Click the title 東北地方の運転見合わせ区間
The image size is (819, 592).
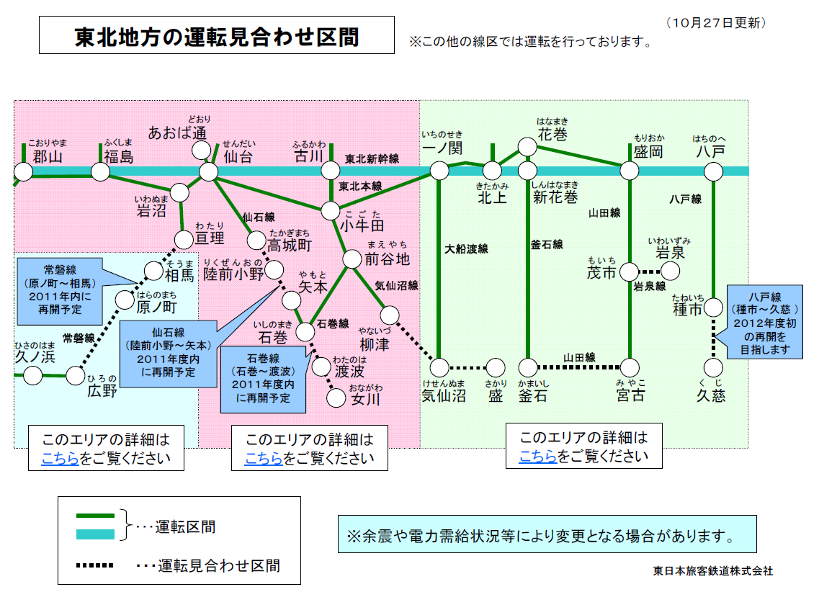coord(216,35)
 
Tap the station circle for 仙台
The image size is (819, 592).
coord(208,171)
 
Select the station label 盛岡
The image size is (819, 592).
coord(648,152)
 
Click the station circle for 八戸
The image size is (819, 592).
coord(713,171)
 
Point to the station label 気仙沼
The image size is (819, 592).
coord(443,395)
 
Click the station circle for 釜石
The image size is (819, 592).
coord(528,368)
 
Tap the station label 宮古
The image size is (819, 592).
coord(630,395)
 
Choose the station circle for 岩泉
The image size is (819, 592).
coord(671,272)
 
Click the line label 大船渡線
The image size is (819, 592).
coord(466,249)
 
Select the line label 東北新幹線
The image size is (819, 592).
coord(372,158)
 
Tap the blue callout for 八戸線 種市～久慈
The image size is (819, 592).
coord(764,322)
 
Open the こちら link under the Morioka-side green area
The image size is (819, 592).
coord(537,456)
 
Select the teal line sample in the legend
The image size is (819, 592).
coord(95,534)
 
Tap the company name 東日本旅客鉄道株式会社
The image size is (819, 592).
coord(712,570)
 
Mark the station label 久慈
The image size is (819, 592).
coord(711,395)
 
